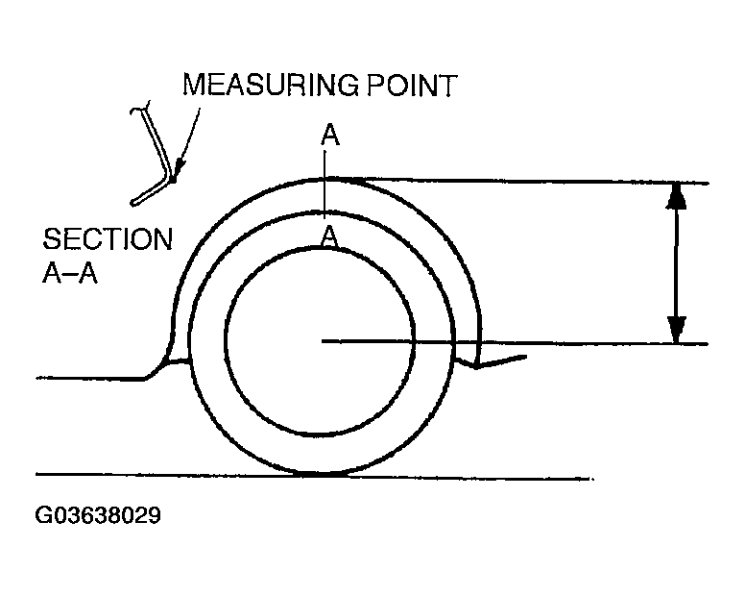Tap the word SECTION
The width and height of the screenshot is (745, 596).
(x=108, y=239)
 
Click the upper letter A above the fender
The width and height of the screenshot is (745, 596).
(x=329, y=137)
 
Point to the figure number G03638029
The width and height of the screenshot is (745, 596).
(x=97, y=516)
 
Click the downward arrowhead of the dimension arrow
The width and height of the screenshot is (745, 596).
(x=677, y=331)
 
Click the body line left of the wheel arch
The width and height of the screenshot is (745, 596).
(x=86, y=378)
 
